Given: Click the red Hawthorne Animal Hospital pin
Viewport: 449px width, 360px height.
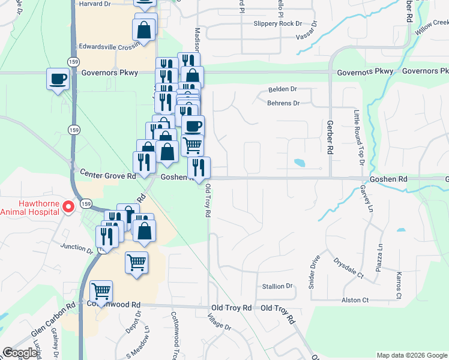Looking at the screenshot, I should (x=68, y=206).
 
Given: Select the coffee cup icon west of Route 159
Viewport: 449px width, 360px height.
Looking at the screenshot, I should (x=58, y=79).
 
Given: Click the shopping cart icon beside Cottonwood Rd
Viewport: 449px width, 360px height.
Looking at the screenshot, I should (x=101, y=292).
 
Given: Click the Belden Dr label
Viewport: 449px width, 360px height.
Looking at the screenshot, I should (x=282, y=89).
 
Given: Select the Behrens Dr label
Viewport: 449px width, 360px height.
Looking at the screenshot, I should (x=283, y=103).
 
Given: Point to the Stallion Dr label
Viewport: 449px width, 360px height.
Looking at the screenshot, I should (x=277, y=286).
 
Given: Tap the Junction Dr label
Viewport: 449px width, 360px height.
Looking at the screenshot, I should (x=75, y=247).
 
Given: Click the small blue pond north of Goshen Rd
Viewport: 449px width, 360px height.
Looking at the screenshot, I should (x=299, y=163).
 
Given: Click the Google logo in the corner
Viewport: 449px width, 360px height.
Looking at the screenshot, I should (x=20, y=353).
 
